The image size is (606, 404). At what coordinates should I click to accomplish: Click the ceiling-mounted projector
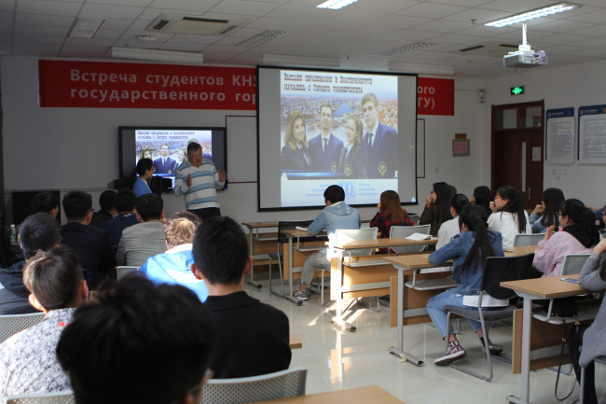pyautogui.click(x=524, y=56)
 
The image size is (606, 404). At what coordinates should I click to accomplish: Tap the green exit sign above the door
pyautogui.click(x=516, y=91)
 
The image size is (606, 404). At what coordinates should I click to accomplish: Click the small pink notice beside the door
pyautogui.click(x=460, y=146)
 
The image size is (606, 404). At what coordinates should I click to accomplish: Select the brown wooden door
pyautogui.click(x=516, y=154)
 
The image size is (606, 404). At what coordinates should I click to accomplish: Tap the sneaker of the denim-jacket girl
pyautogui.click(x=451, y=352)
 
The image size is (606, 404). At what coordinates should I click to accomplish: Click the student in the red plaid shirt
pyautogui.click(x=391, y=218)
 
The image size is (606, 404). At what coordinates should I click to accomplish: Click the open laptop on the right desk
pyautogui.click(x=572, y=268)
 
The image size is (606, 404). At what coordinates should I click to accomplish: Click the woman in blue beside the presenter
pyautogui.click(x=144, y=178)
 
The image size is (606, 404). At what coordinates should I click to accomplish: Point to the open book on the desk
pyautogui.click(x=418, y=237)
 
